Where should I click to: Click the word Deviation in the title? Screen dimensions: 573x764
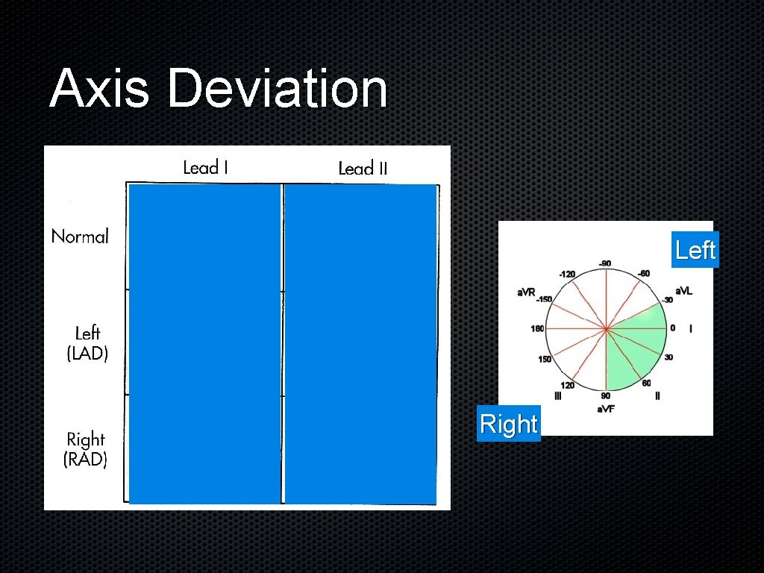point(278,89)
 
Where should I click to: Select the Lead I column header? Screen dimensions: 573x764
point(206,167)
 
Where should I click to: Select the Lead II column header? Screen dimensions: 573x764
point(363,169)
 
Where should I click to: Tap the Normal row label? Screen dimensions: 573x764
point(80,237)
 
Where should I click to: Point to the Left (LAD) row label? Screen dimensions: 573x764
point(87,343)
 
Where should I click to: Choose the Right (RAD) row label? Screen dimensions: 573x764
point(86,449)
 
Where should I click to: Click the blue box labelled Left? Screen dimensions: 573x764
point(695,250)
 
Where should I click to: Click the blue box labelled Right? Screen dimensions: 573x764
point(508,424)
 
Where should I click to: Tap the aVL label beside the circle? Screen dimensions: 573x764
point(683,291)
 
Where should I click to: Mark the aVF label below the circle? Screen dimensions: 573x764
point(605,409)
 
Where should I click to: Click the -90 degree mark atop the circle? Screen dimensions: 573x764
point(604,263)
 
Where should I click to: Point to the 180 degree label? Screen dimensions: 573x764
point(537,328)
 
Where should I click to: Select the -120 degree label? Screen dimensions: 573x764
point(567,274)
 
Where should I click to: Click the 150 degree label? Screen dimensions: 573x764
point(545,360)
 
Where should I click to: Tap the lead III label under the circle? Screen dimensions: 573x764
point(557,396)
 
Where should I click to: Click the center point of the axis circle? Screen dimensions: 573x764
point(606,328)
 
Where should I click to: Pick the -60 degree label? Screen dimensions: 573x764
point(643,273)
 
